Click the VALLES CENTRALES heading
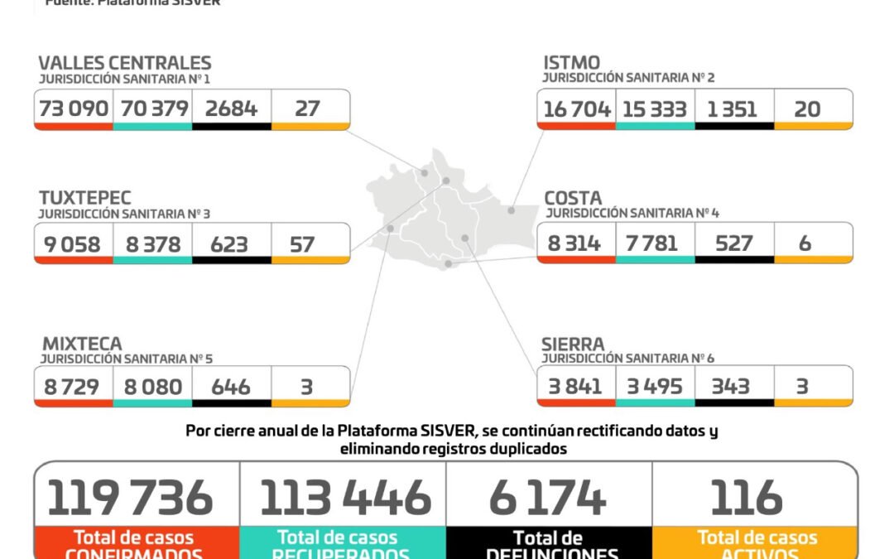[125, 63]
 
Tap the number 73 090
[73, 108]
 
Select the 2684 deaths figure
[230, 108]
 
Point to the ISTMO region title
[572, 63]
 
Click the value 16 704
[577, 108]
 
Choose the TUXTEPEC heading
[85, 198]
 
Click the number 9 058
[73, 243]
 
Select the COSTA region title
[573, 199]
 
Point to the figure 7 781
[653, 243]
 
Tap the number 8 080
[151, 387]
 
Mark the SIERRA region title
[574, 343]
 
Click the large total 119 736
[131, 498]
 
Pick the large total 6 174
[548, 498]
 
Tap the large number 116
[747, 498]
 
